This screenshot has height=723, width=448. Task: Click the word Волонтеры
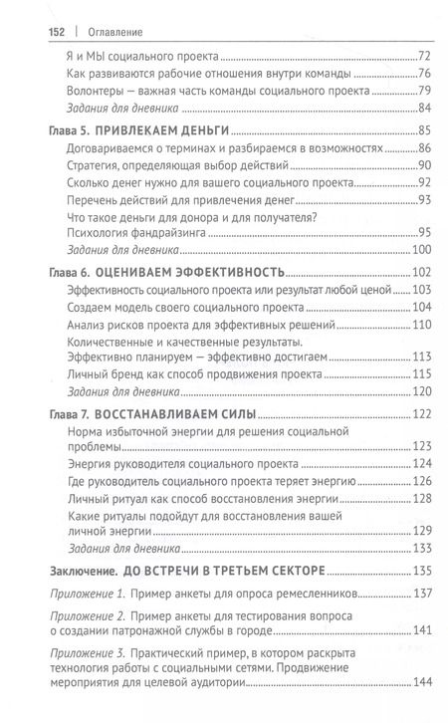coord(89,89)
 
